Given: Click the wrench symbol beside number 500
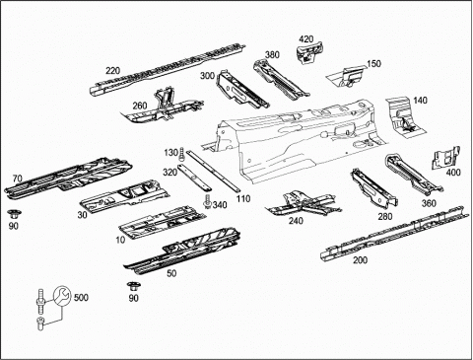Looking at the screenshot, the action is pos(62,296).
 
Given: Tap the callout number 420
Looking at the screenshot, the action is pos(306,39).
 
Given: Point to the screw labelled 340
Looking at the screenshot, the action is pos(207,201).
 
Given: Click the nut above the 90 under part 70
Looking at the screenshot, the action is pos(13,214).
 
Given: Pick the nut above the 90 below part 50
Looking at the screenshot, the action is pos(133,286).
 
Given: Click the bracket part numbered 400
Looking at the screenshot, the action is pos(445,158).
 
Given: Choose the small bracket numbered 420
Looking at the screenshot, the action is pos(309,52).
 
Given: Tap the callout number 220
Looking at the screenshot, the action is pos(112,71).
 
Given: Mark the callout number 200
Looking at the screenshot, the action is pos(360,260).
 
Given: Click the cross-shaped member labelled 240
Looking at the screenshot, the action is pos(303,203).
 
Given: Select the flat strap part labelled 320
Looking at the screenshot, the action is pos(194,178).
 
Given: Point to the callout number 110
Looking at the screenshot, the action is pos(243,198).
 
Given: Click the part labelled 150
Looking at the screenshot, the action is pos(345,76).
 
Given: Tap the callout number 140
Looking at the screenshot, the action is pos(420,100).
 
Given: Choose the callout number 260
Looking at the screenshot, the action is pos(140,106).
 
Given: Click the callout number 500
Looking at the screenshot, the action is pos(81,298).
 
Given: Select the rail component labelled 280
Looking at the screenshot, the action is pos(373,188).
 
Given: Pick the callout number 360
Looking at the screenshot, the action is pos(429,203).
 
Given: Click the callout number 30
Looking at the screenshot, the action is pos(82,215).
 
